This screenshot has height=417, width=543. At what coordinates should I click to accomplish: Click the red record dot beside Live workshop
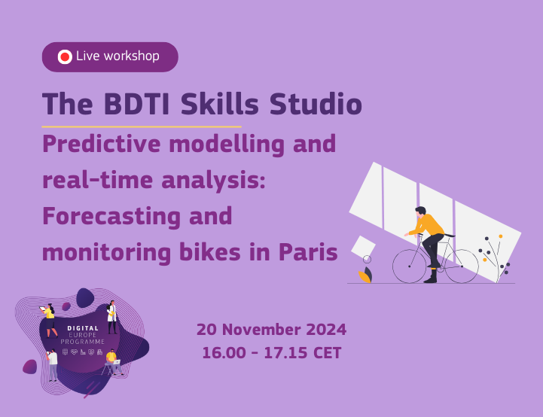tap(64, 57)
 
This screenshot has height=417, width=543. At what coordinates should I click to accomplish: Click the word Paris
tap(308, 251)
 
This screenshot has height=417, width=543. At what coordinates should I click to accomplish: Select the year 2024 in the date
tap(326, 330)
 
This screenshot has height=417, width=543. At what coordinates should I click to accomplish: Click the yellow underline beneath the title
tap(141, 126)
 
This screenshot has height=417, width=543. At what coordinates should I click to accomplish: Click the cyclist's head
tap(420, 212)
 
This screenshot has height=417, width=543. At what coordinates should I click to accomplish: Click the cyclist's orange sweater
tap(428, 225)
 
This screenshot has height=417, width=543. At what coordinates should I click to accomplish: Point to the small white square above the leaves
tap(363, 246)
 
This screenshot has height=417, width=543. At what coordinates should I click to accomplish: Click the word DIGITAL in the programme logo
tap(83, 329)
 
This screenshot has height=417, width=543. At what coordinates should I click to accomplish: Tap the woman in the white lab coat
tap(111, 317)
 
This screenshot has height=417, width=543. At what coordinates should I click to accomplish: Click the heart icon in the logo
tap(74, 351)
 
